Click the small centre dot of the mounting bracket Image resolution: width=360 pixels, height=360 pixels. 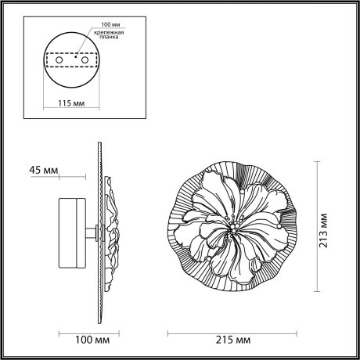point(77,56)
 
